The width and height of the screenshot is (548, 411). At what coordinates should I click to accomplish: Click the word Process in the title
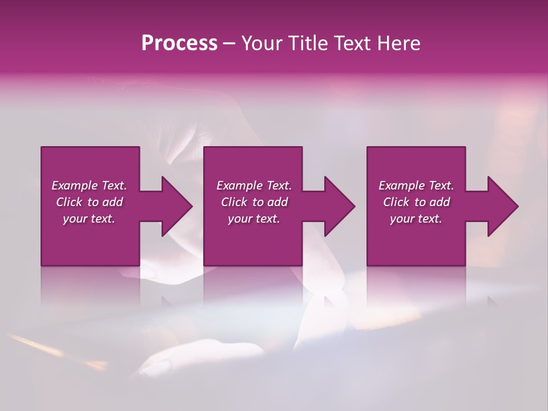click(x=179, y=43)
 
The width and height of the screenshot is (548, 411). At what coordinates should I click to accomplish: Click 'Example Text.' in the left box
click(x=89, y=186)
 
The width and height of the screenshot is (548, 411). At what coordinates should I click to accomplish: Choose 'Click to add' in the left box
click(x=89, y=202)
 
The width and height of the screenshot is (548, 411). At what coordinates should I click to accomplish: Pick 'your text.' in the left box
click(x=89, y=219)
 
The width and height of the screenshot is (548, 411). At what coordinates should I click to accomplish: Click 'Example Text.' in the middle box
click(x=254, y=186)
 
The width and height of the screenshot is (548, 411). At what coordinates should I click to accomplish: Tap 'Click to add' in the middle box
click(x=254, y=202)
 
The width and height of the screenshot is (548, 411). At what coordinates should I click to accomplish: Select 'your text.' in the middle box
click(x=254, y=219)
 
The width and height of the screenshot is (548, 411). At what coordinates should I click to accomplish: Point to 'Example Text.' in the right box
click(x=416, y=186)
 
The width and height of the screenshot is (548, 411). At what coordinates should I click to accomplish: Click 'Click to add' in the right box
click(x=416, y=202)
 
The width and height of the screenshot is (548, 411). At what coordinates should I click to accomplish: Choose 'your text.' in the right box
click(x=416, y=219)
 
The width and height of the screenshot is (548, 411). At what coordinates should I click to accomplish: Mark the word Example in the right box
click(x=401, y=186)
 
